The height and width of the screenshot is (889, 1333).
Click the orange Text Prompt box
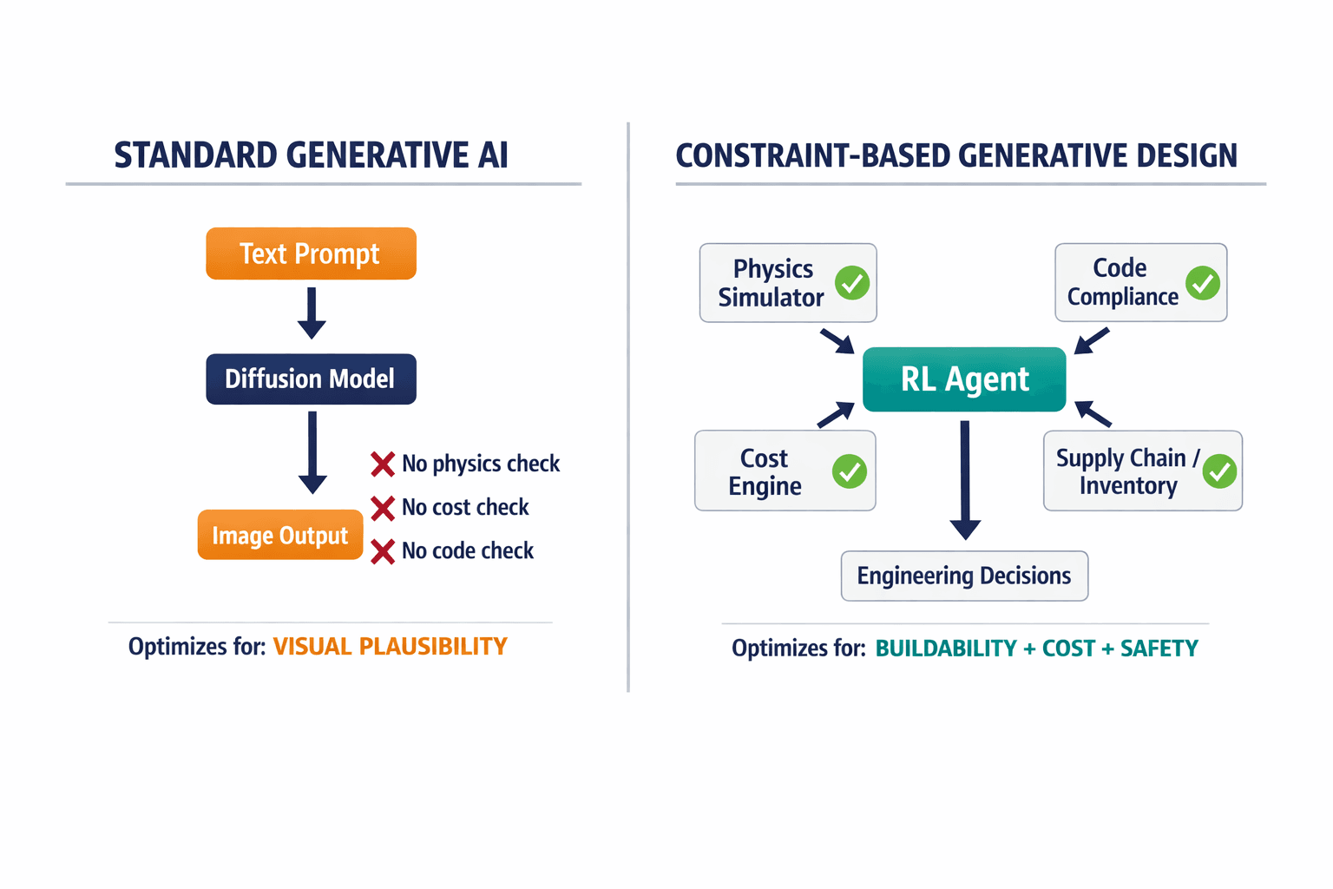(x=311, y=254)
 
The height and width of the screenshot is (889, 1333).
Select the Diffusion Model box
(x=311, y=379)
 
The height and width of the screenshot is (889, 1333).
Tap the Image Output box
(x=279, y=535)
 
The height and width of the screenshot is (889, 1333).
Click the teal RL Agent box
(x=964, y=379)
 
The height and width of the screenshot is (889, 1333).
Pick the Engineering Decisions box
(x=964, y=576)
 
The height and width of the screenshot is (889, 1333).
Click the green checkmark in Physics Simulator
(x=852, y=283)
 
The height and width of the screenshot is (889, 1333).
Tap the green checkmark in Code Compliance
(x=1203, y=283)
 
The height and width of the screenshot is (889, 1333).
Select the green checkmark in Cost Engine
(x=850, y=471)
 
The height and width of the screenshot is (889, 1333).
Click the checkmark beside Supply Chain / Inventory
(x=1220, y=471)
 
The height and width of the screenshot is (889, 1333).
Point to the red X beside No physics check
(x=383, y=464)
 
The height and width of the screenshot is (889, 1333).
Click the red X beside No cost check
(x=383, y=508)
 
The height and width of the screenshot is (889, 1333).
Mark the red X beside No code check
(x=383, y=551)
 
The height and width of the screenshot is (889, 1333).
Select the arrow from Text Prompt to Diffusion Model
(x=312, y=313)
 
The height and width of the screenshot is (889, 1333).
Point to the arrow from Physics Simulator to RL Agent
(x=837, y=341)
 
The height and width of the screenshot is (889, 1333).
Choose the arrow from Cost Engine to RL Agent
(x=836, y=415)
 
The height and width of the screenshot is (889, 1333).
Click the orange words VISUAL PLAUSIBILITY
(x=390, y=647)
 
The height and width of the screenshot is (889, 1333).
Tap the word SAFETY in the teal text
(x=1159, y=649)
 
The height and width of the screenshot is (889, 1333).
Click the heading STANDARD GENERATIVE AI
(x=311, y=155)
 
